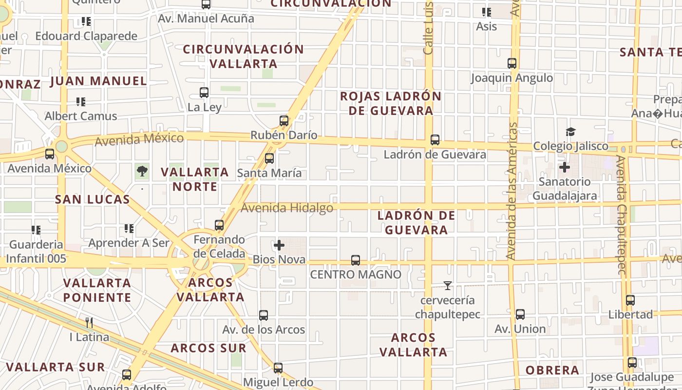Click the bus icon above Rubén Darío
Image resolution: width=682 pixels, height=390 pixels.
[284, 121]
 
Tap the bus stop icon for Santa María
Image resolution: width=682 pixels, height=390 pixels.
[269, 158]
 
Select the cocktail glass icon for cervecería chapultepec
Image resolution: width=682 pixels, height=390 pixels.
[448, 286]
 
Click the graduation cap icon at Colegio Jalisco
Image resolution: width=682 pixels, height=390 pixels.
[570, 132]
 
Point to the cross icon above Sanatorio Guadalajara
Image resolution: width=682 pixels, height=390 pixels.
[565, 168]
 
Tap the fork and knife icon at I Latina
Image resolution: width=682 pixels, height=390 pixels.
[89, 322]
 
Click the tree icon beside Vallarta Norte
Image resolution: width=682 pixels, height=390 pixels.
[142, 171]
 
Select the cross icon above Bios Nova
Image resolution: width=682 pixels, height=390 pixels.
[279, 245]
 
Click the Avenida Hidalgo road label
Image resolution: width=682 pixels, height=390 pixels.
[287, 208]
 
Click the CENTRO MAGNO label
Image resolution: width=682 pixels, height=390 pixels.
[356, 274]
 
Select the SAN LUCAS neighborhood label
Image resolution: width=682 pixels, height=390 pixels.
[93, 199]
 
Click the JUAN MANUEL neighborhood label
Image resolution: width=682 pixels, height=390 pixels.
[98, 81]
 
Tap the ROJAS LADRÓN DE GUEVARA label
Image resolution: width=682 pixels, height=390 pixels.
[391, 103]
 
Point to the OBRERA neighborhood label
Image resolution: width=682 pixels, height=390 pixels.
[552, 370]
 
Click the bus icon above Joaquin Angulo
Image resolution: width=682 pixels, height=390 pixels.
[512, 63]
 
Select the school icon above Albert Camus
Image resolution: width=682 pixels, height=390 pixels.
[81, 102]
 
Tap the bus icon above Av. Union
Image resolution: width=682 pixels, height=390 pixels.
[520, 314]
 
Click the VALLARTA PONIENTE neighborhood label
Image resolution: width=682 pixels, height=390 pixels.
[97, 290]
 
